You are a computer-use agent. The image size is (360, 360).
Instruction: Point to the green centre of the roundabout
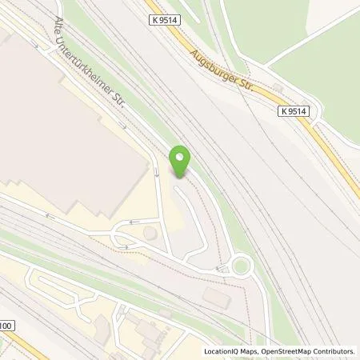pos(239,266)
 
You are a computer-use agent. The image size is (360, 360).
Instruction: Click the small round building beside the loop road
pos(149,233)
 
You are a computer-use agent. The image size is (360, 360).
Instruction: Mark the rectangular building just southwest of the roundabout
pos(214,297)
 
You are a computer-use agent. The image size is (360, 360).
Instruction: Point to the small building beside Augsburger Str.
pos(277,85)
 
